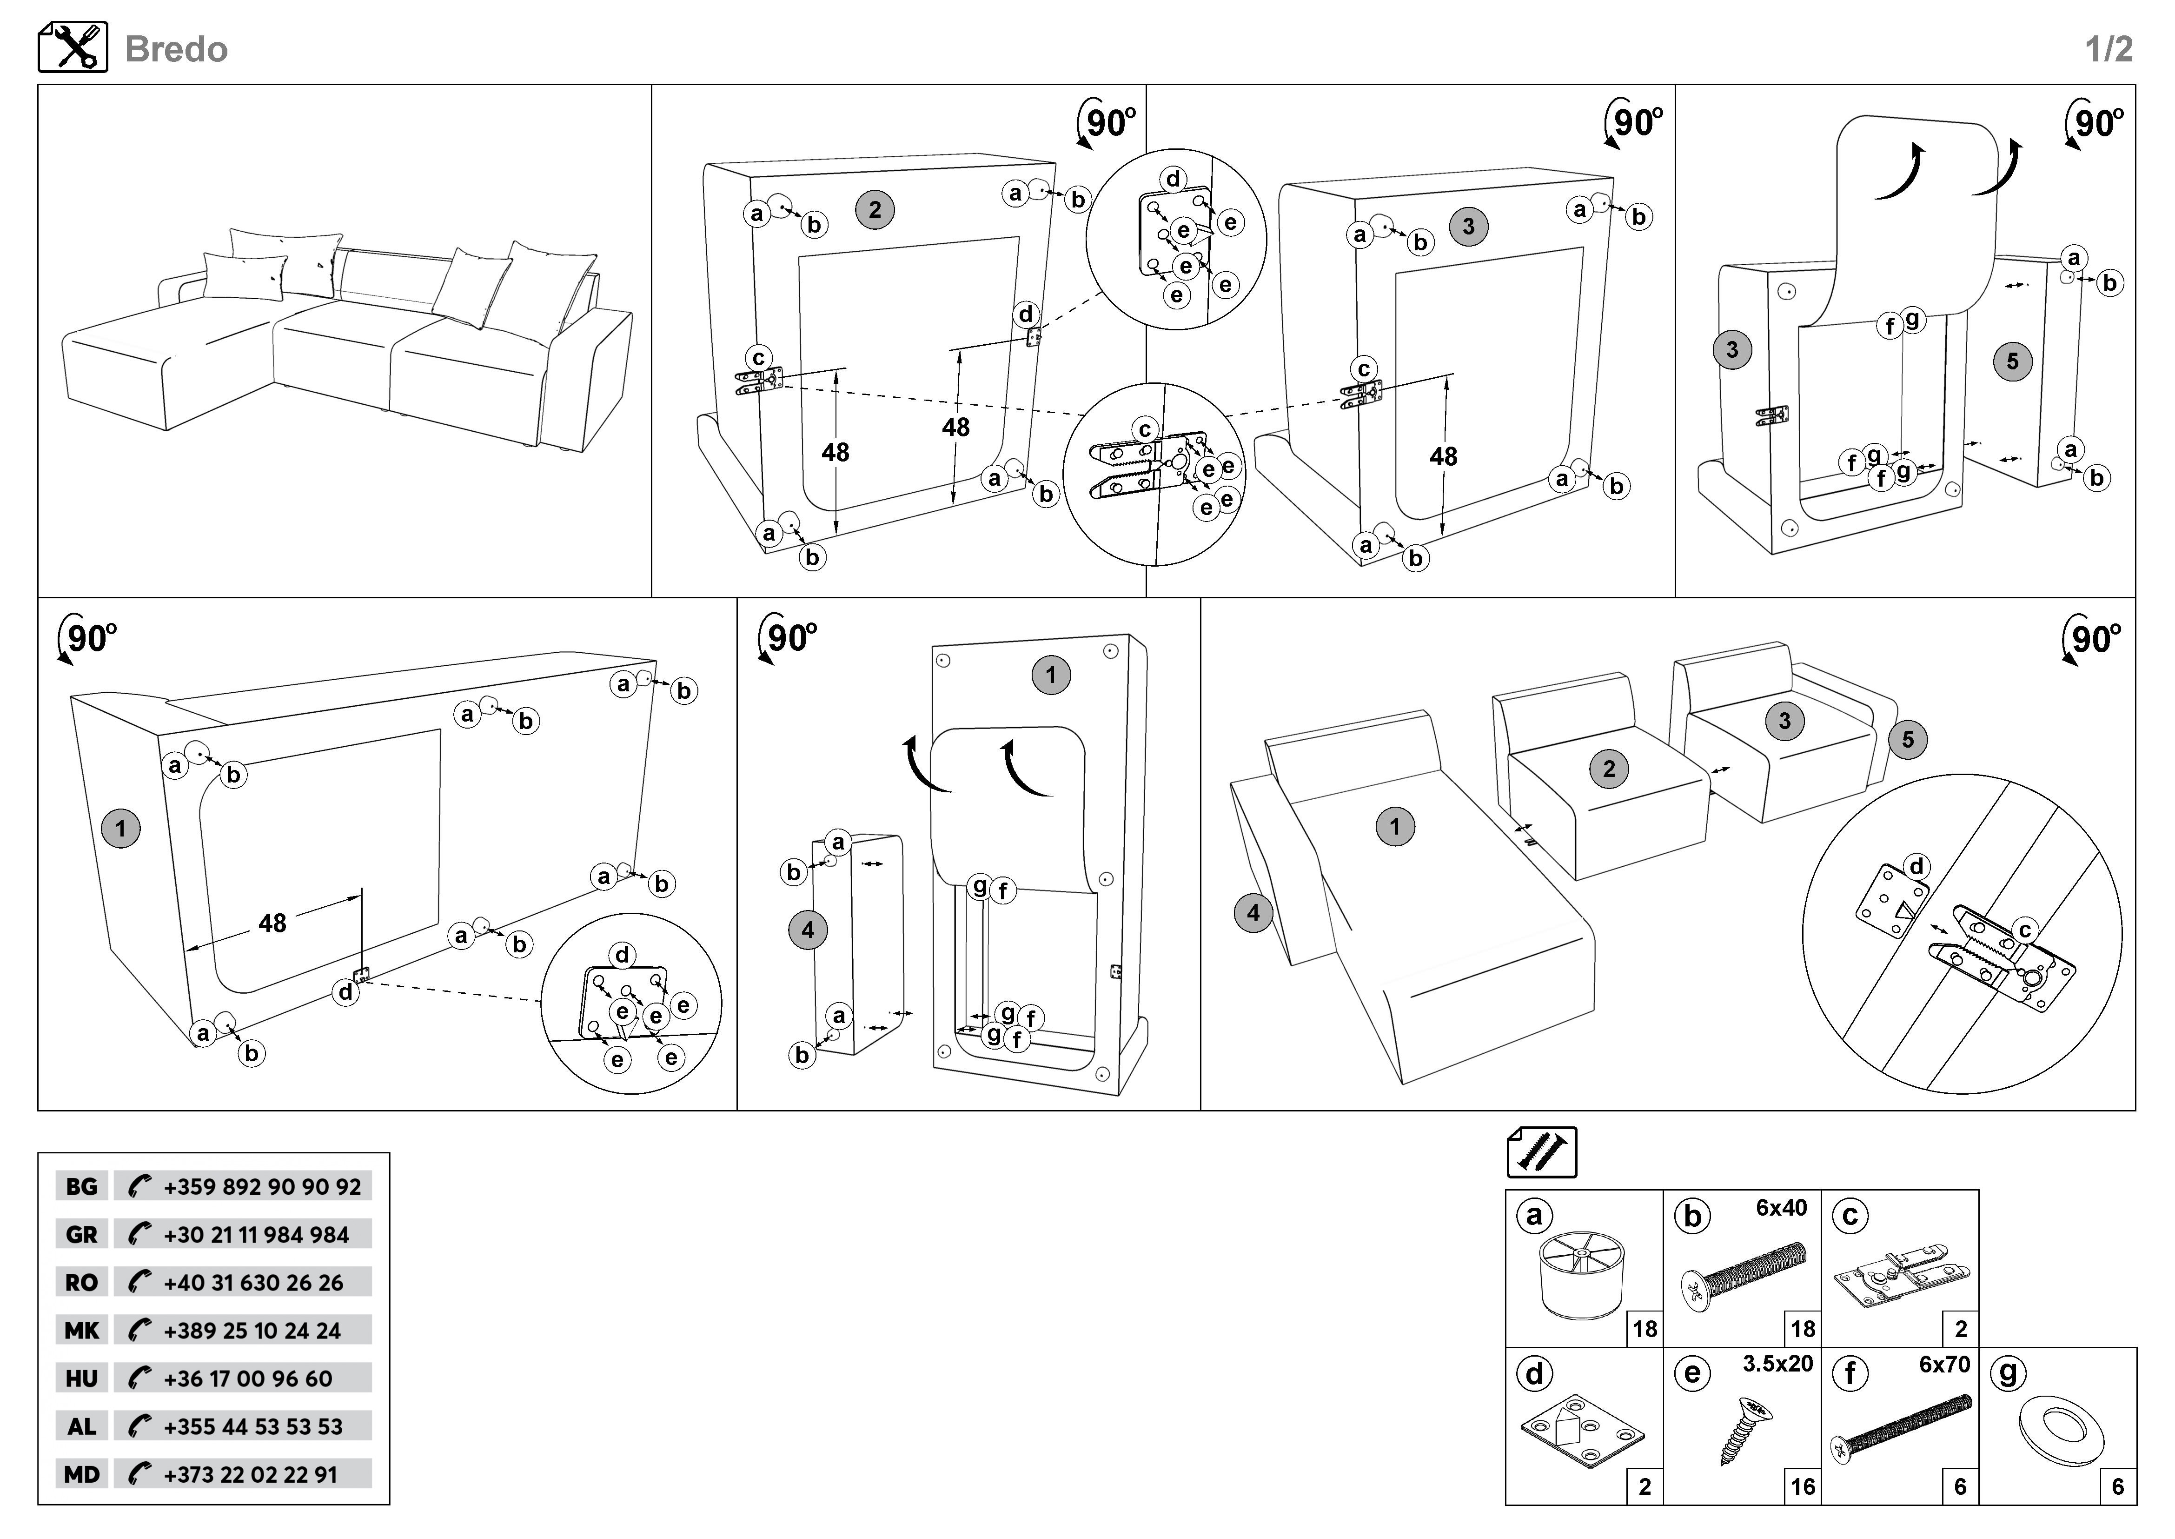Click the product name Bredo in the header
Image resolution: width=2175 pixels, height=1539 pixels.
tap(176, 49)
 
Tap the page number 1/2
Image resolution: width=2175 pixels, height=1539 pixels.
tap(2109, 49)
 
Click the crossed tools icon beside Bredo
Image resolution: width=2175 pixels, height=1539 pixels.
tap(73, 47)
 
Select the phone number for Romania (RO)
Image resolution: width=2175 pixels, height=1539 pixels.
tap(253, 1283)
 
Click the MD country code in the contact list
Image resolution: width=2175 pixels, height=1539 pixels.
tap(81, 1474)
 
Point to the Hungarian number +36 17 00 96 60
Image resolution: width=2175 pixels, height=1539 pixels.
tap(248, 1379)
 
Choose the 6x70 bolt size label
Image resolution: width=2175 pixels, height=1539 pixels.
tap(1944, 1365)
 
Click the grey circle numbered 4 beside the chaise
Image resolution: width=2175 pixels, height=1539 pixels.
tap(1253, 914)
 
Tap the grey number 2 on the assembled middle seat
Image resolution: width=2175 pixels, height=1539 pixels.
tap(1609, 769)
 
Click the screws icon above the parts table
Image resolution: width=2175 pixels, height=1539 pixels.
tap(1541, 1152)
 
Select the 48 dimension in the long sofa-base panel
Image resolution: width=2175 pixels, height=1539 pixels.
tap(272, 923)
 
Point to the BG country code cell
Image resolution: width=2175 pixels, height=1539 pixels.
tap(81, 1186)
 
